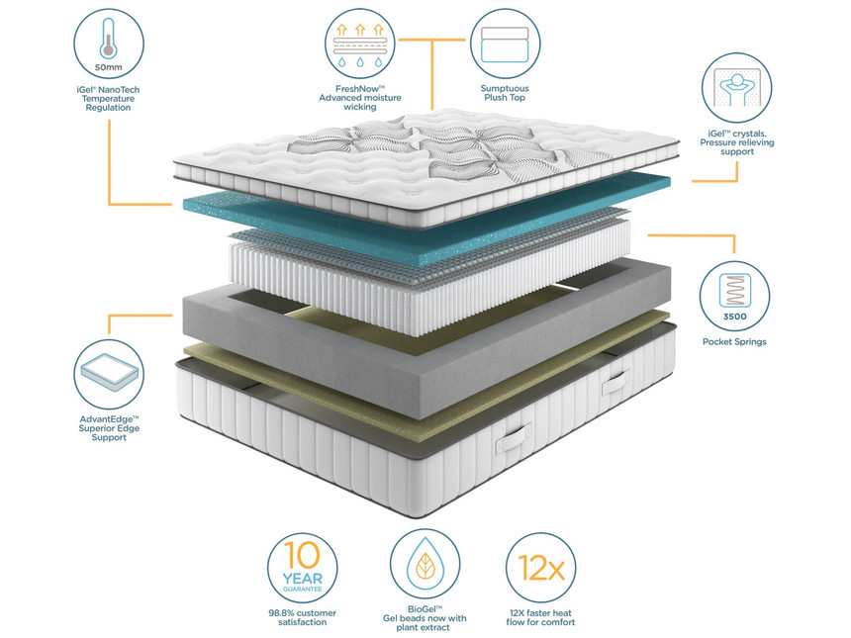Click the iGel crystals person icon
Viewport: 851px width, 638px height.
(x=736, y=87)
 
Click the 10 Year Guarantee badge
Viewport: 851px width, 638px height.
(x=302, y=567)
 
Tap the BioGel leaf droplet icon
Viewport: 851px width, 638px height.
(x=424, y=567)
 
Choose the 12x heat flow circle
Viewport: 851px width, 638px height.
(x=540, y=567)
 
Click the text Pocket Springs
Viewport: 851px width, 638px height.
(x=733, y=342)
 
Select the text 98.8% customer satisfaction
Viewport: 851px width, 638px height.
(x=302, y=617)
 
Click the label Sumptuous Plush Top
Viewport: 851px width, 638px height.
(x=506, y=94)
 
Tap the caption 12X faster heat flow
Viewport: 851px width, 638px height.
(x=540, y=617)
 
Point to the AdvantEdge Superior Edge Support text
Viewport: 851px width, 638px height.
(x=109, y=428)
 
